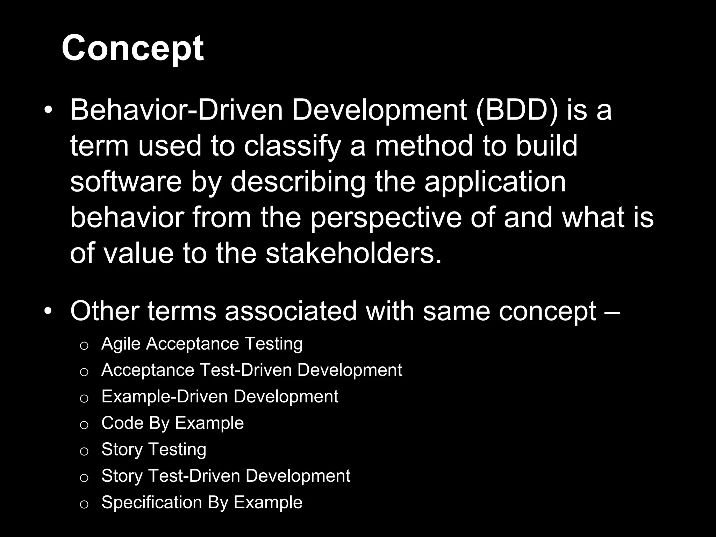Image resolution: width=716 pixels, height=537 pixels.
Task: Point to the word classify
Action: tap(292, 146)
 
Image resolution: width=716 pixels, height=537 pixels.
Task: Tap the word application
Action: tap(495, 182)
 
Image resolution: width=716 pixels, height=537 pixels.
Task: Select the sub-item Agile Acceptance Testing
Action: tap(202, 344)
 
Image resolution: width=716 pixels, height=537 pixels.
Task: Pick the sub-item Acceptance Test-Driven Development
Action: tap(252, 370)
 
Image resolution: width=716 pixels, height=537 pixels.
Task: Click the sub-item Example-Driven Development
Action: tap(220, 396)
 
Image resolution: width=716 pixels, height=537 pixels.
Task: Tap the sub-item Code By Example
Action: tap(172, 423)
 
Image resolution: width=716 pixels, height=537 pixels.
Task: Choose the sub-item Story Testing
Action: tap(154, 449)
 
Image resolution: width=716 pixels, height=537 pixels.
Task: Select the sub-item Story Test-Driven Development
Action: tap(225, 476)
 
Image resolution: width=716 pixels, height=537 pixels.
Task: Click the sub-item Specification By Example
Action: tap(202, 502)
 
